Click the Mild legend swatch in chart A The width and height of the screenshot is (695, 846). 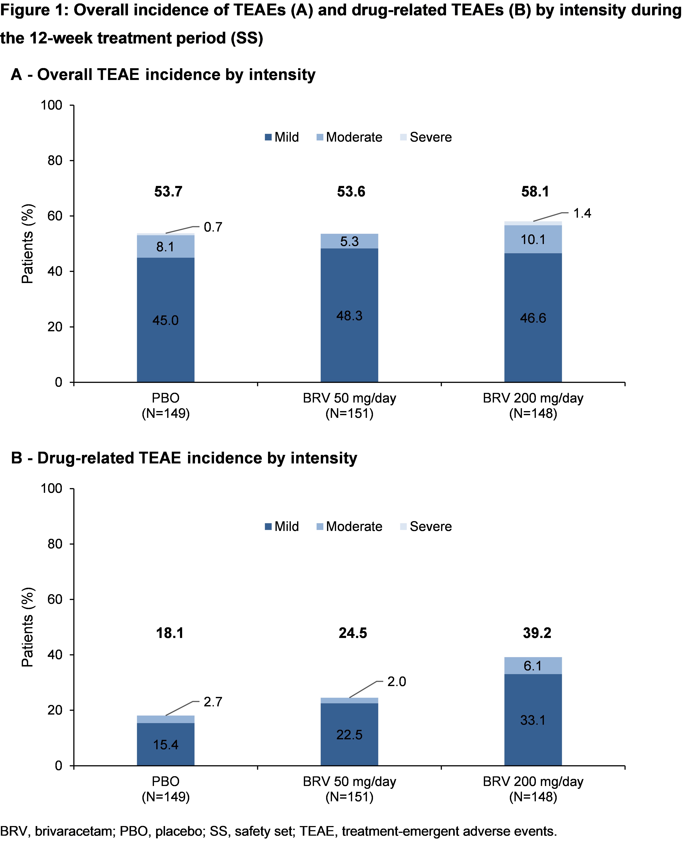pyautogui.click(x=268, y=137)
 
